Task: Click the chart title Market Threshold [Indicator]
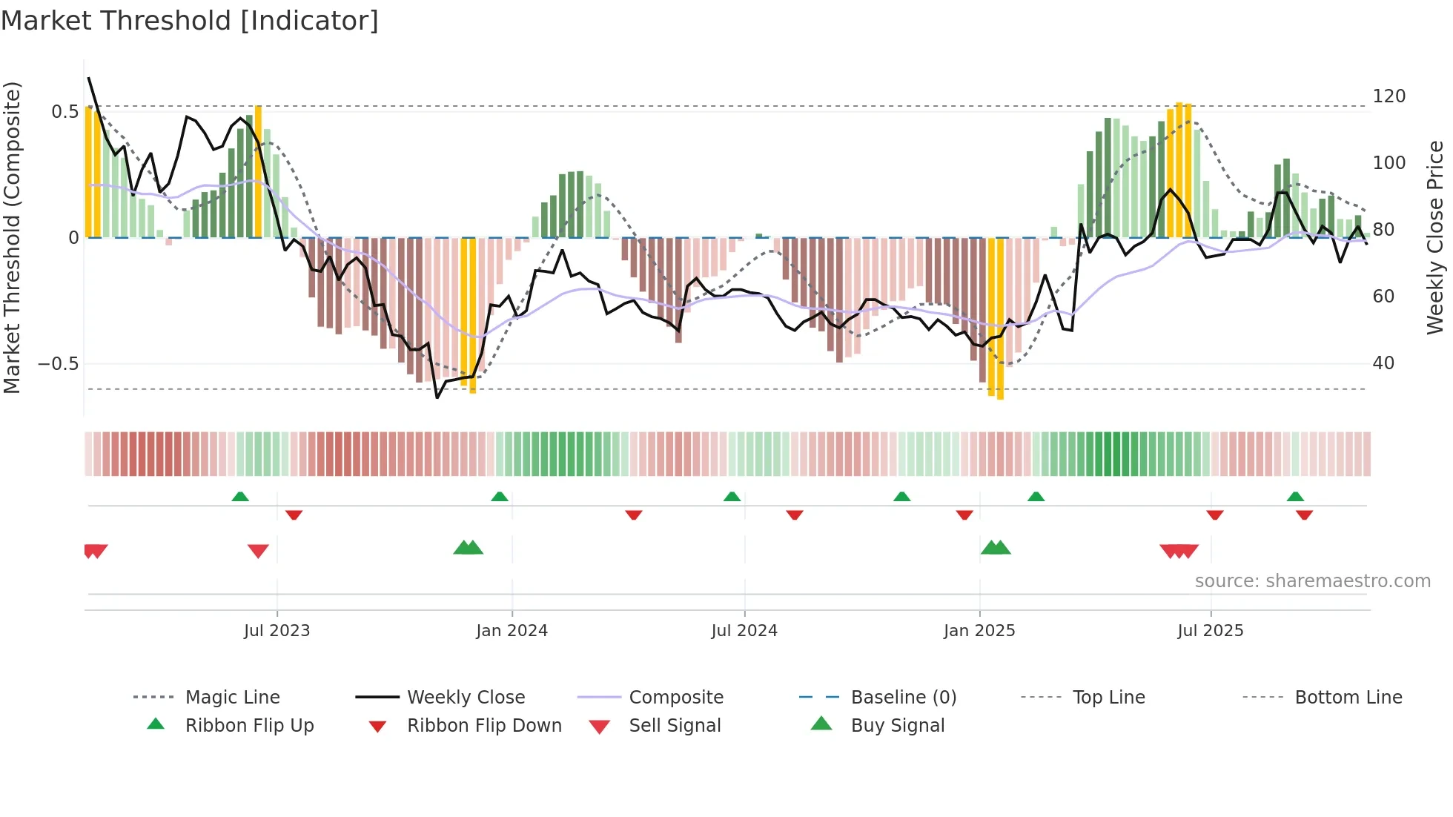[190, 21]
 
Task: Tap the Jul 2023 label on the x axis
[277, 631]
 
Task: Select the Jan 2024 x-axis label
[512, 631]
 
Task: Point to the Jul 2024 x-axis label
[744, 631]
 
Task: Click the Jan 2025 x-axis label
[979, 631]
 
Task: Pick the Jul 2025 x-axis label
[1211, 631]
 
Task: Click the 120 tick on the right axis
[1389, 96]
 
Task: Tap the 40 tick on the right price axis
[1383, 363]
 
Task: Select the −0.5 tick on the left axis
[59, 364]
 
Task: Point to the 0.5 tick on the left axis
[64, 112]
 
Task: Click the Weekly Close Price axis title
[1435, 237]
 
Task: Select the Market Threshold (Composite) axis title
[12, 237]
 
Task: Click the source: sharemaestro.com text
[1312, 581]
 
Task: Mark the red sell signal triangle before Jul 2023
[258, 551]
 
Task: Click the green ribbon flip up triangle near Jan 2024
[500, 497]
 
